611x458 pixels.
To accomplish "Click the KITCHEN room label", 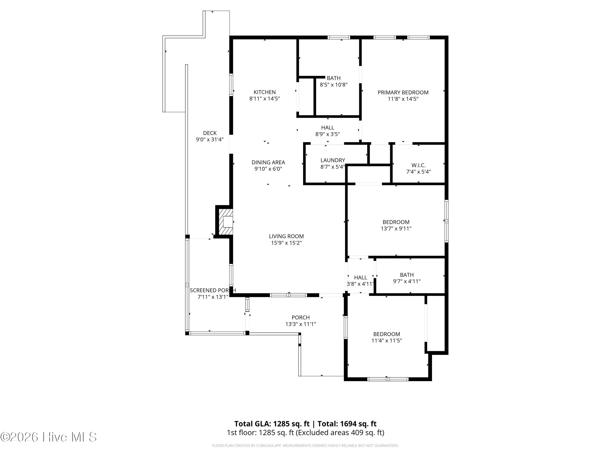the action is tap(265, 92).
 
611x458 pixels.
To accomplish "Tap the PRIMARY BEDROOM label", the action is tap(403, 92).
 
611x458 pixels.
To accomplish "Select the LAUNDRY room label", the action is tap(333, 160).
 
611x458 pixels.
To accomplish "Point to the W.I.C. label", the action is tap(419, 165).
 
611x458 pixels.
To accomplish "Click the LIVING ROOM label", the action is tap(286, 236).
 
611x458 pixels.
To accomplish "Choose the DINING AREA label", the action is tap(268, 162).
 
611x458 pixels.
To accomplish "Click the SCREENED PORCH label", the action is tap(213, 290).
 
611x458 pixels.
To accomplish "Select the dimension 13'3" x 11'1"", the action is tap(301, 324).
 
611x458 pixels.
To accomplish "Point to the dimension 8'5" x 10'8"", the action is tap(334, 85).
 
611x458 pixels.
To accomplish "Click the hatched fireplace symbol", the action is tap(226, 222).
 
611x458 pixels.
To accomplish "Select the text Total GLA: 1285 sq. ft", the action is tap(272, 424).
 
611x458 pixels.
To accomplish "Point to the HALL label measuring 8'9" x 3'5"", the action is tap(327, 128).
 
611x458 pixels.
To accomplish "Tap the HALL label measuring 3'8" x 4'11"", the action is tap(360, 277).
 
